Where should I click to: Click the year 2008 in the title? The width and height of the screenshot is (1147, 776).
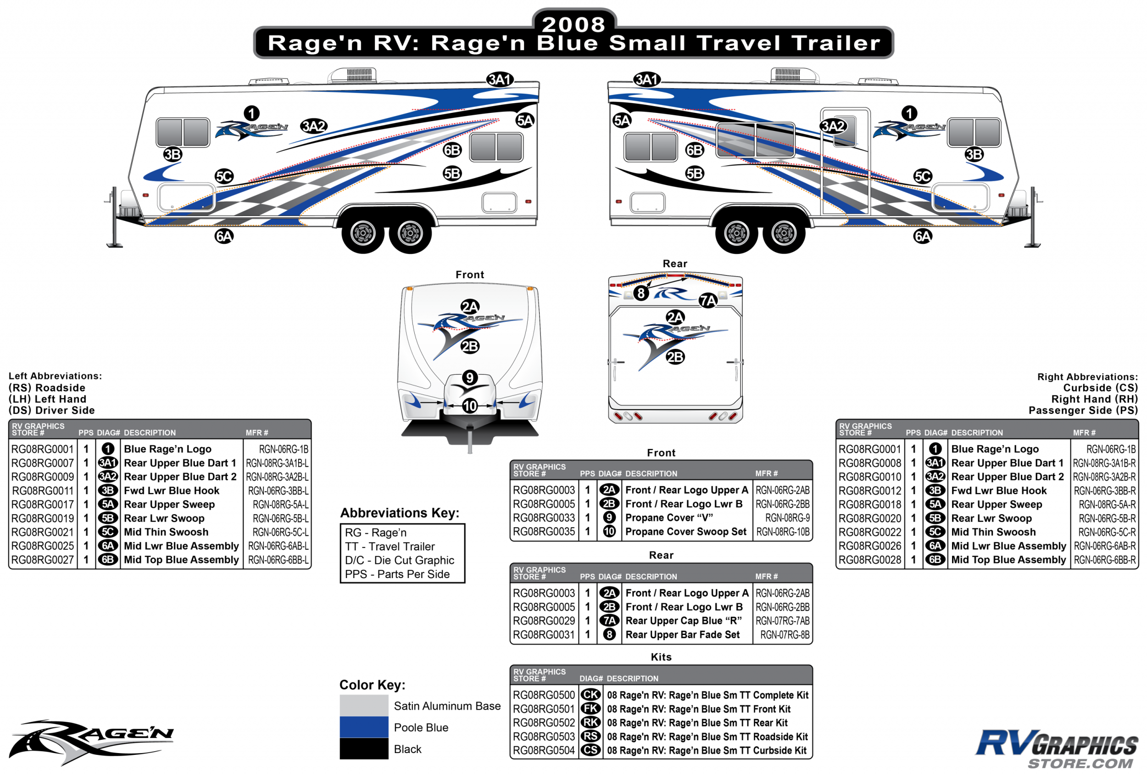pos(573,25)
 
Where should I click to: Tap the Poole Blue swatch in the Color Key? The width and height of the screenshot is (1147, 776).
pos(364,727)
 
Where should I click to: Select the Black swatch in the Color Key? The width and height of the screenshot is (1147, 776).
pos(364,749)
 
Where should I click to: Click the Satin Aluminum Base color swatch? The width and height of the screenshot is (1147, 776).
pos(364,705)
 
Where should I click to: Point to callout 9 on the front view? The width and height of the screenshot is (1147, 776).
pos(470,378)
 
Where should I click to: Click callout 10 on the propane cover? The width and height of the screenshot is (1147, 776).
pos(470,406)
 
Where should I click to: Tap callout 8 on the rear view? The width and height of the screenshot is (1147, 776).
pos(640,293)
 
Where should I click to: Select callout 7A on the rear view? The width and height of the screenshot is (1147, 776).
pos(708,300)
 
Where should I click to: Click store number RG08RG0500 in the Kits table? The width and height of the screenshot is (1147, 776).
pos(543,695)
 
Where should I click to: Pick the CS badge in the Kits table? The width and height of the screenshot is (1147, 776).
pos(590,750)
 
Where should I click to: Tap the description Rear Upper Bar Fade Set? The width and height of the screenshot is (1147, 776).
pos(683,635)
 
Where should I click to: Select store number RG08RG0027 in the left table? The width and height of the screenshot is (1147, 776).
pos(43,560)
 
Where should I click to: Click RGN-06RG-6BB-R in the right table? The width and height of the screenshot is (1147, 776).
pos(1104,560)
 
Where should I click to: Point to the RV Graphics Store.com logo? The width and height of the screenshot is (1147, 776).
pos(1056,748)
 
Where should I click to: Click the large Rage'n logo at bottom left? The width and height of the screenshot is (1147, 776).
pos(91,741)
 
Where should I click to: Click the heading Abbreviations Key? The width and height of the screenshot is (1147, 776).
pos(400,513)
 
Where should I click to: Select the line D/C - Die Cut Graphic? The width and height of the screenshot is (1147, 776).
pos(400,560)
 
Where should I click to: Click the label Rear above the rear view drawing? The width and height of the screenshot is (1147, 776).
pos(675,264)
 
